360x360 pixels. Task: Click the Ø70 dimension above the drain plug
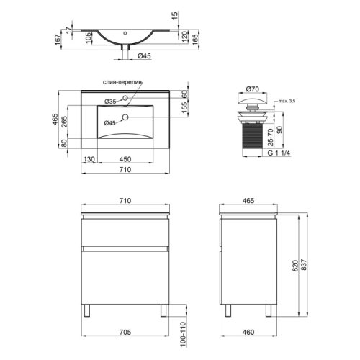(253, 89)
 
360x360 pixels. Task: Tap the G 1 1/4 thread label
(279, 153)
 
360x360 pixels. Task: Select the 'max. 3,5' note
(287, 101)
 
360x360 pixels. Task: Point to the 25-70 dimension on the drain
(270, 138)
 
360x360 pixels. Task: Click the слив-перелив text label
(122, 82)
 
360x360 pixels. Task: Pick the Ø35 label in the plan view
(110, 102)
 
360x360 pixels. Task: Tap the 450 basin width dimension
(125, 159)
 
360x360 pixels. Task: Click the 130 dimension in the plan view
(89, 159)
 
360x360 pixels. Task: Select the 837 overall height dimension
(304, 265)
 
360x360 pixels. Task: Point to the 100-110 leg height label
(183, 334)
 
